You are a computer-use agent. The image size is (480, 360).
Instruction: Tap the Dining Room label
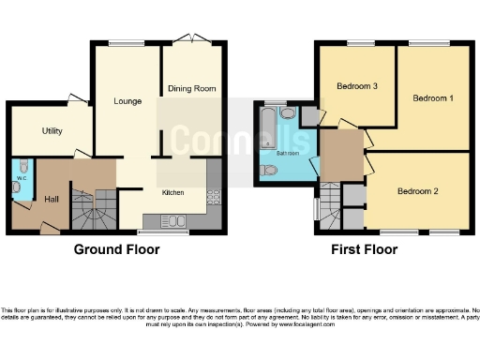(x=191, y=89)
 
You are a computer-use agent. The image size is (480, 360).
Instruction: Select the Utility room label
(x=52, y=131)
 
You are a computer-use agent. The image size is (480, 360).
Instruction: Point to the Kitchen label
(x=173, y=192)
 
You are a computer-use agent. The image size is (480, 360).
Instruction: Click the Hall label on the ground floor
(x=52, y=200)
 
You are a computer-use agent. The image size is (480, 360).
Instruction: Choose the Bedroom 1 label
(x=433, y=98)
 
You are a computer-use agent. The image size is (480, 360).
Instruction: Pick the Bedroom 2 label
(x=417, y=192)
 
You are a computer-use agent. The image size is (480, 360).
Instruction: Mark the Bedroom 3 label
(x=356, y=86)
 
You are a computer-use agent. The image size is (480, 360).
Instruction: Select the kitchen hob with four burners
(x=212, y=198)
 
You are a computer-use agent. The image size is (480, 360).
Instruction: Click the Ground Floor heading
(x=115, y=249)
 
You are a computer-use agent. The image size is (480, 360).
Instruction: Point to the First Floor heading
(x=364, y=249)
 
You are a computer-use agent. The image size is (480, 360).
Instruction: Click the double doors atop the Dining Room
(x=198, y=39)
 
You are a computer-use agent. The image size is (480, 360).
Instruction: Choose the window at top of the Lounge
(x=122, y=42)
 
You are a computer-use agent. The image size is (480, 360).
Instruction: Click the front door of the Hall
(x=49, y=228)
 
